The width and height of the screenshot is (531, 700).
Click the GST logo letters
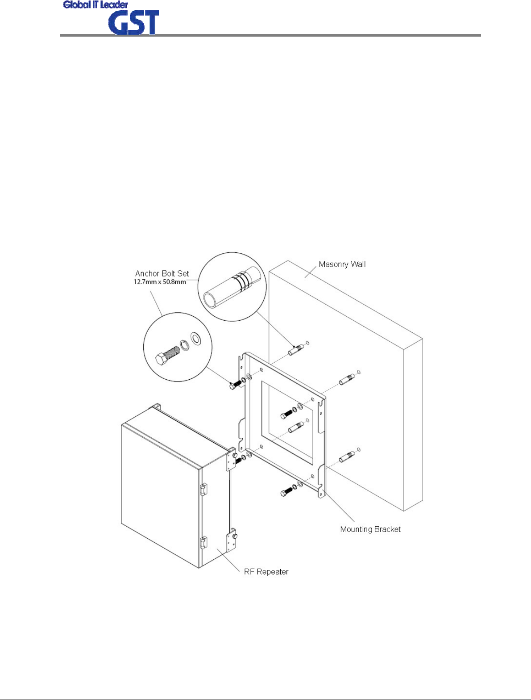133,23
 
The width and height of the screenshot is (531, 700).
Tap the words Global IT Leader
95,5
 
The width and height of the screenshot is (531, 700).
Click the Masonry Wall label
342,264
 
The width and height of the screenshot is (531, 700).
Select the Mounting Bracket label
370,529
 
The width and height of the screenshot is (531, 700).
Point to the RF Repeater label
266,572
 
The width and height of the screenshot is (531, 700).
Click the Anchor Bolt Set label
162,273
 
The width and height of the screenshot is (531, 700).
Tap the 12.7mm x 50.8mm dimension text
160,282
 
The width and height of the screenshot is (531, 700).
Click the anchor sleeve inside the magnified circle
232,286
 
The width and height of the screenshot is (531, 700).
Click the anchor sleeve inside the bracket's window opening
296,427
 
